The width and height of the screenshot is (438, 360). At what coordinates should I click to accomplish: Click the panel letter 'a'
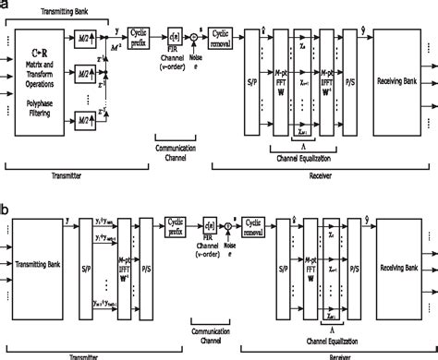pyautogui.click(x=5, y=6)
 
